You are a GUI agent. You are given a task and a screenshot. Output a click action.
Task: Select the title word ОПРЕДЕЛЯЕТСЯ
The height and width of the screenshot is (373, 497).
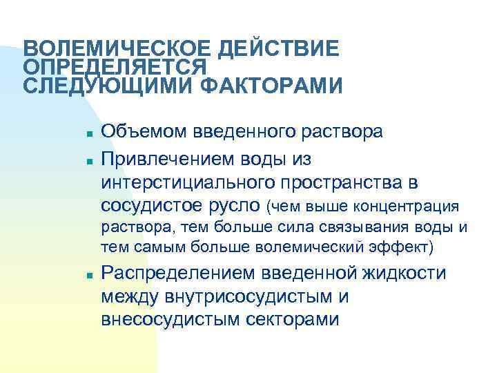[115, 68]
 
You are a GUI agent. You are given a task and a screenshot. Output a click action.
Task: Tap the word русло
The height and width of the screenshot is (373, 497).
[234, 206]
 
